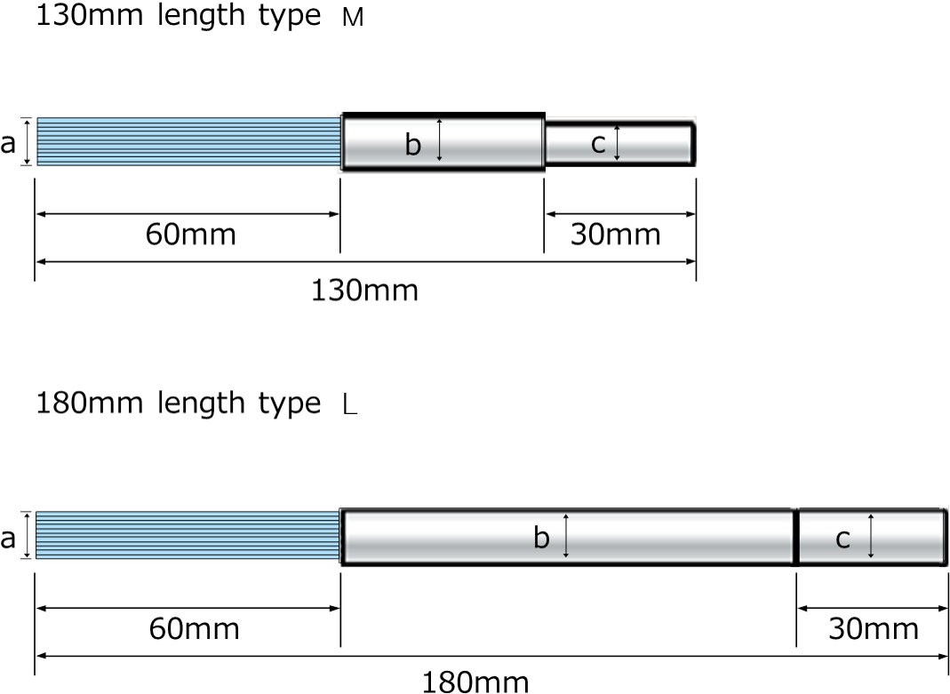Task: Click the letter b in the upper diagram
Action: click(x=412, y=145)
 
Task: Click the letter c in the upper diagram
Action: click(x=598, y=143)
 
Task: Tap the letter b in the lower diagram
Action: click(x=541, y=538)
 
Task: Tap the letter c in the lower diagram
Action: click(x=842, y=538)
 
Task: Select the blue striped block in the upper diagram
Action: click(x=188, y=141)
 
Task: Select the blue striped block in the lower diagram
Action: click(x=188, y=536)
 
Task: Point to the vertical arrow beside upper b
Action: click(x=439, y=142)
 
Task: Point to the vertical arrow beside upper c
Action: click(x=617, y=142)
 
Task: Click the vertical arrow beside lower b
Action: click(x=565, y=536)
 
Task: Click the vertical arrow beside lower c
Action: click(x=871, y=536)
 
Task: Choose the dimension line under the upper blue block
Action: click(x=188, y=214)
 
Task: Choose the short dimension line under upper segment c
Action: click(x=620, y=214)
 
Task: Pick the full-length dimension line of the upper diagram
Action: click(x=365, y=262)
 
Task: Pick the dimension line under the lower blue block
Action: click(x=188, y=609)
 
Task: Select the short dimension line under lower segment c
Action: click(x=872, y=609)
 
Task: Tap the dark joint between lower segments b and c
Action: click(x=795, y=536)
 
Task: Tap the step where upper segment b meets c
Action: click(x=544, y=142)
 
